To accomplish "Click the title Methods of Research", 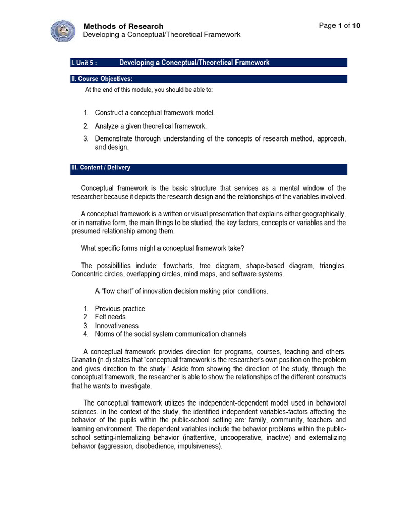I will tap(123, 26).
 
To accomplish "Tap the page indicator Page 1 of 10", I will tap(340, 26).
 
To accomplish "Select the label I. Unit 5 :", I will tap(84, 63).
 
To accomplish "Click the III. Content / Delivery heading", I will tap(101, 168).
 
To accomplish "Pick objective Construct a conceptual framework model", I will tap(155, 113).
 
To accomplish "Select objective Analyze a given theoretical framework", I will tap(151, 126).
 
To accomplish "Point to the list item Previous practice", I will tap(120, 309).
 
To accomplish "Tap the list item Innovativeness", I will tap(117, 326).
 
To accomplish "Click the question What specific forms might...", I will tap(163, 248).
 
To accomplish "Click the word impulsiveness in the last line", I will tap(199, 447).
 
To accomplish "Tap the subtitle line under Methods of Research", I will tap(162, 35).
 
